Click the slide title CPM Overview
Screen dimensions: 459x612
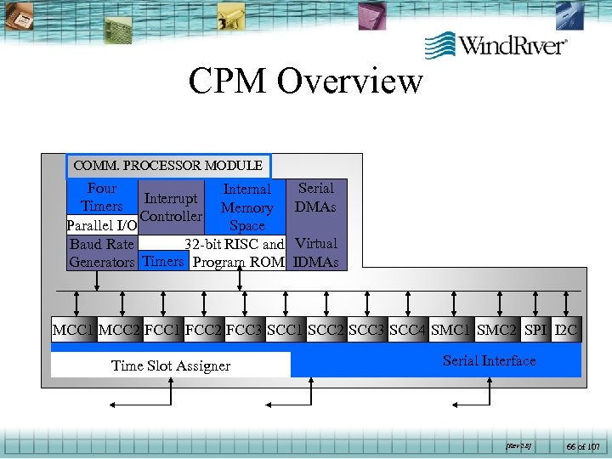click(305, 82)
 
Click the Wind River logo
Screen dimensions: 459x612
click(496, 44)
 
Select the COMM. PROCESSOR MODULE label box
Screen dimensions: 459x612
click(168, 166)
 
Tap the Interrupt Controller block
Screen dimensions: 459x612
click(171, 207)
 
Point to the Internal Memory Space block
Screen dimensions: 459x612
click(246, 207)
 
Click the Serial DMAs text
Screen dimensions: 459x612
click(315, 197)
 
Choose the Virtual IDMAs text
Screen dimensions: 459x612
click(315, 252)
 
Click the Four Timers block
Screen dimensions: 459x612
click(102, 197)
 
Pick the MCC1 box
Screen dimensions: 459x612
click(73, 330)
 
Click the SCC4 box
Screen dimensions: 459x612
click(408, 330)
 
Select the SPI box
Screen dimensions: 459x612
click(535, 330)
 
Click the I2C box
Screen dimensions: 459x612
click(566, 330)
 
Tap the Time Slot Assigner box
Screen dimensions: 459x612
click(171, 365)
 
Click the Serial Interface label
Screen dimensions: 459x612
click(490, 360)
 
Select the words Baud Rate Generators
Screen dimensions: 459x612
click(102, 253)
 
